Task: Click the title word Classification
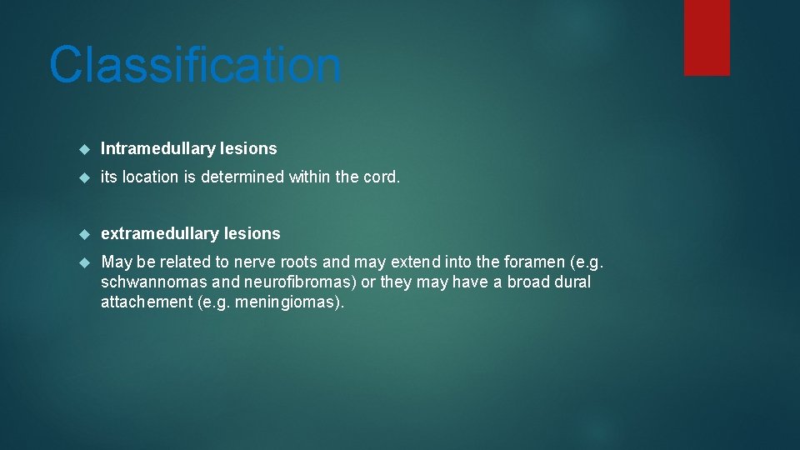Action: point(195,66)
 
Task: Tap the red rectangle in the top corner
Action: point(707,37)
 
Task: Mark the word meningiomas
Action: point(287,302)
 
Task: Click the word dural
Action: point(572,282)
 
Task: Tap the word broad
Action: point(528,282)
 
